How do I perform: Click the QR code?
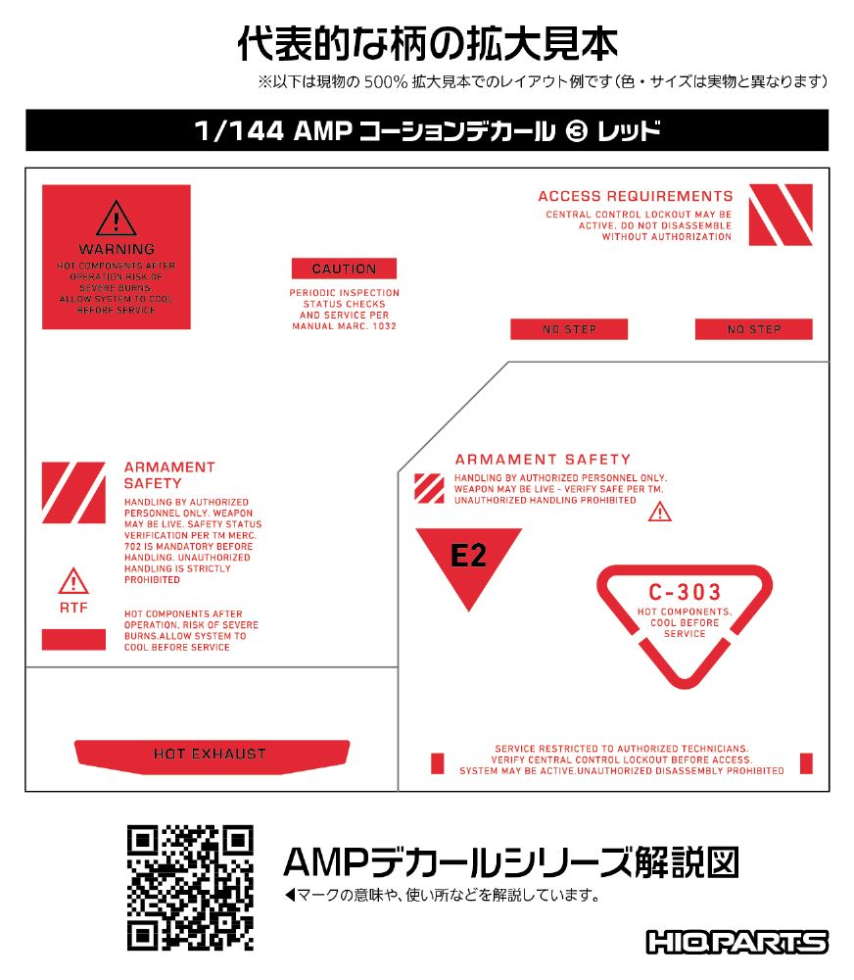coord(190,888)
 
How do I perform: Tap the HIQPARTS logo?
coord(737,942)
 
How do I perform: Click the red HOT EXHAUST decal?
coord(212,757)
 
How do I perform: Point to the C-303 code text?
coord(685,592)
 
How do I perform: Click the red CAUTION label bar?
coord(344,269)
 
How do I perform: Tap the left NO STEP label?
coord(569,329)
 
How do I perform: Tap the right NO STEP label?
coord(754,329)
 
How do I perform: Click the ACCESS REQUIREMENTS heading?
coord(636,196)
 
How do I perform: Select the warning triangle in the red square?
coord(117,219)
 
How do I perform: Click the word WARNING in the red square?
coord(117,249)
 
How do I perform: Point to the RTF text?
coord(73,608)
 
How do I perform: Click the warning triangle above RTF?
coord(73,581)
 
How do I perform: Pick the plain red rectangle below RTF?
coord(73,639)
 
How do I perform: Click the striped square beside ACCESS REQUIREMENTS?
coord(781,215)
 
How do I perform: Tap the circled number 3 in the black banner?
coord(576,131)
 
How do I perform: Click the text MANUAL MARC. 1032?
coord(344,326)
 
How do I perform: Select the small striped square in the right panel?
coord(430,489)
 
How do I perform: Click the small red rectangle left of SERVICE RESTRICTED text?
coord(438,763)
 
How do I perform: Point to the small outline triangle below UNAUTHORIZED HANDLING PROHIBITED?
coord(660,513)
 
